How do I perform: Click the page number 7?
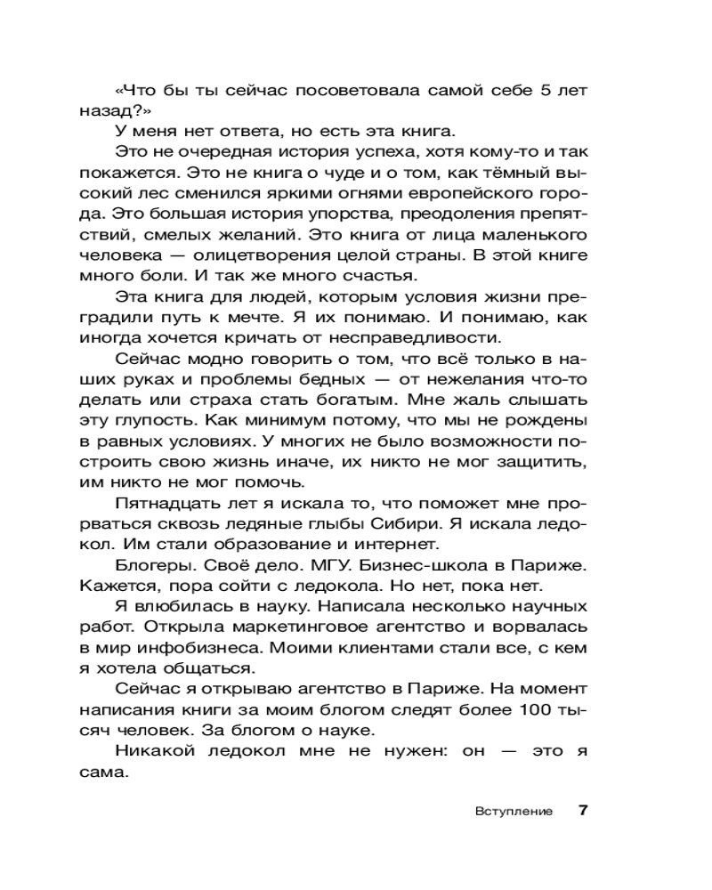pyautogui.click(x=583, y=811)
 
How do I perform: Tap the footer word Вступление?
pyautogui.click(x=514, y=812)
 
